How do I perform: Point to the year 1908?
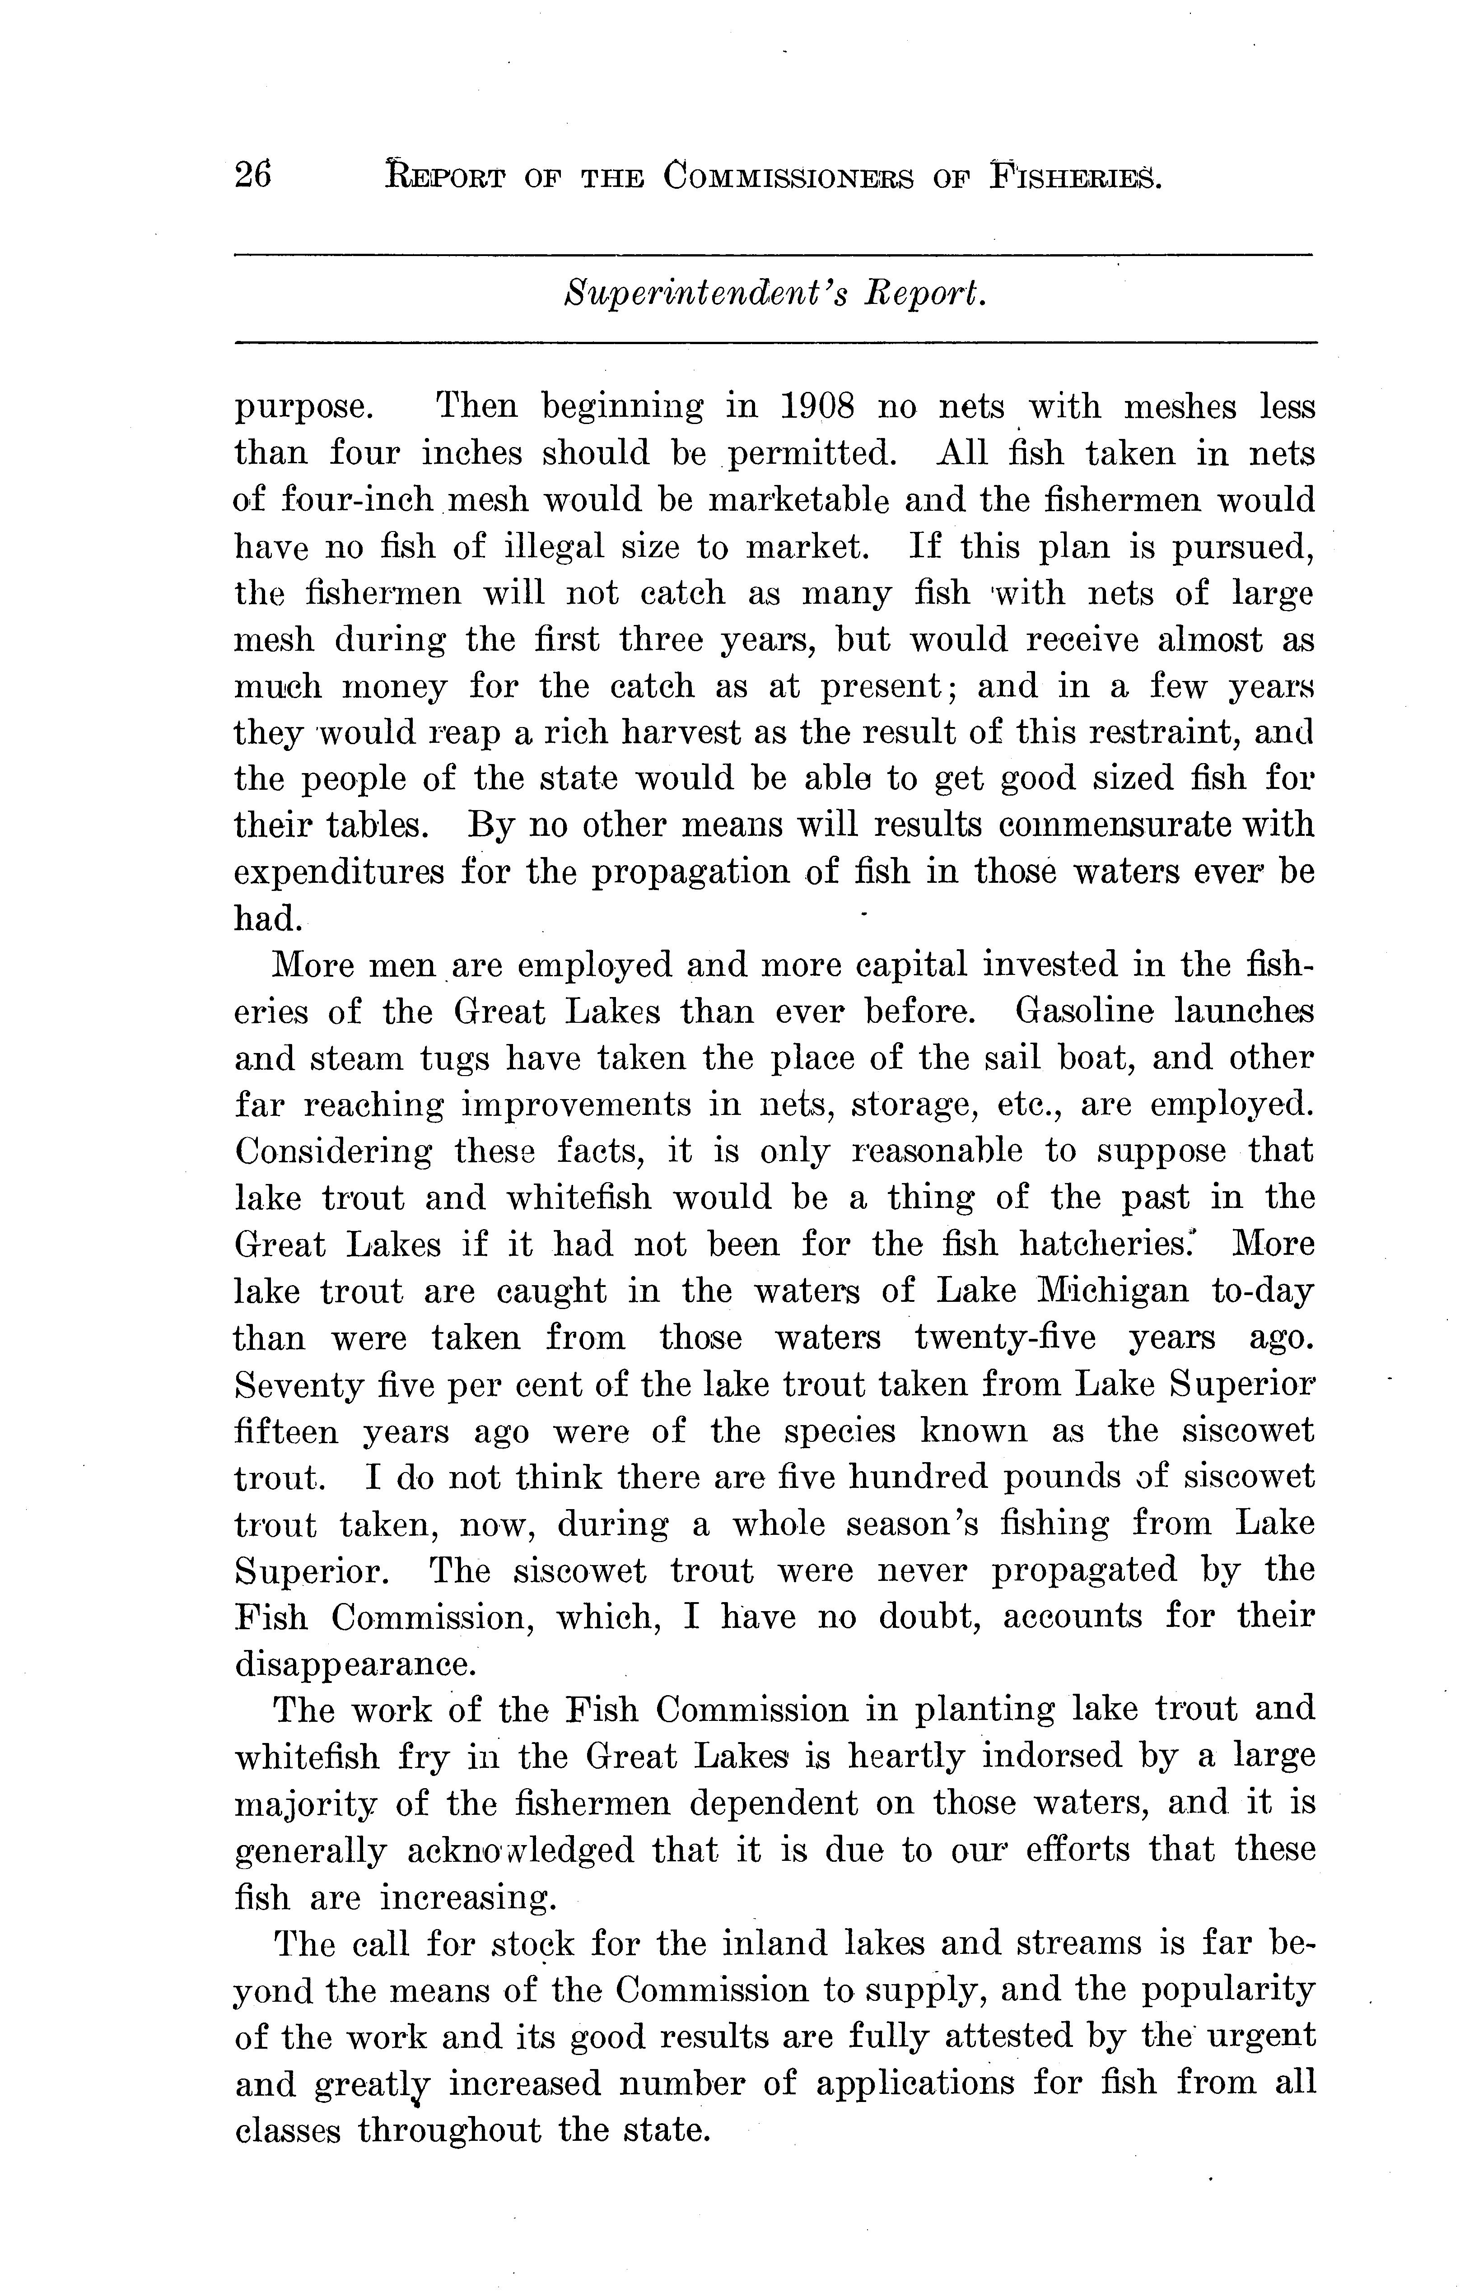(817, 408)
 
